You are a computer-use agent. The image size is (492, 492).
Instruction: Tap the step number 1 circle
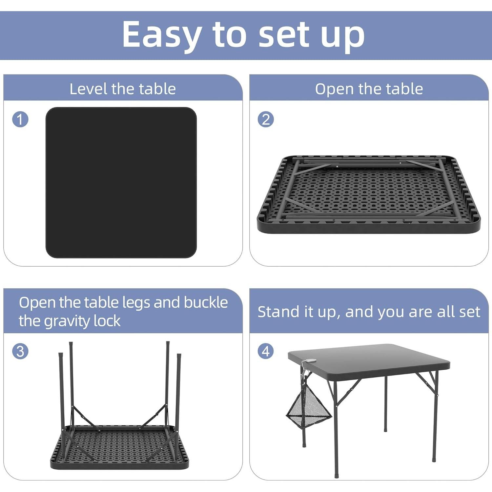(20, 119)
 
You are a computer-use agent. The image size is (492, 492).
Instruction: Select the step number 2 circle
(266, 119)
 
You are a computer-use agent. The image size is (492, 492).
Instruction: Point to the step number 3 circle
(20, 351)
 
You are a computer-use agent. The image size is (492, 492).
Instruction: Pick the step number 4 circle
(266, 351)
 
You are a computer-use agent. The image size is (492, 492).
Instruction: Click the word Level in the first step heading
(88, 89)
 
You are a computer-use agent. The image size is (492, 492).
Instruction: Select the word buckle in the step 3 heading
(206, 302)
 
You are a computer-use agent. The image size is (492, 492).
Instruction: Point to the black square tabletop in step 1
(121, 182)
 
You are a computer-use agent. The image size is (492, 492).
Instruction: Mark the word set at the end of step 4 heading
(469, 312)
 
